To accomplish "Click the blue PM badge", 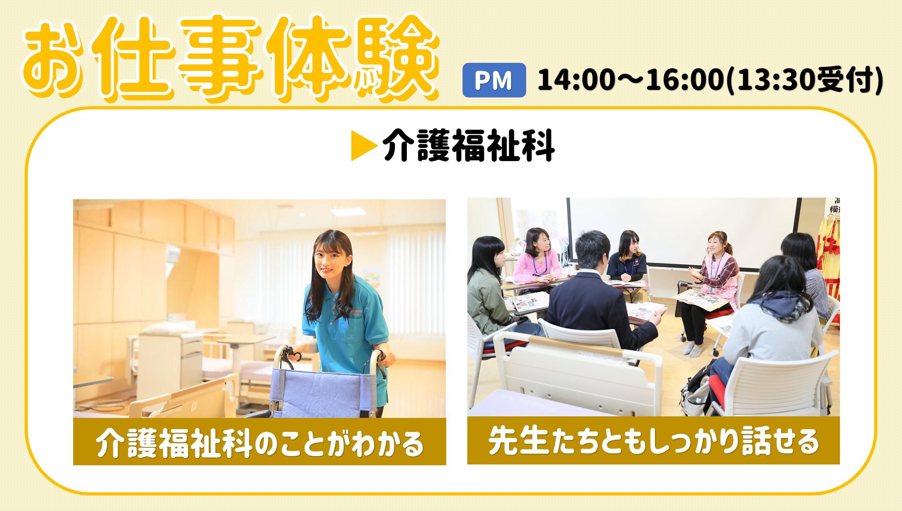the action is tap(494, 80).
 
